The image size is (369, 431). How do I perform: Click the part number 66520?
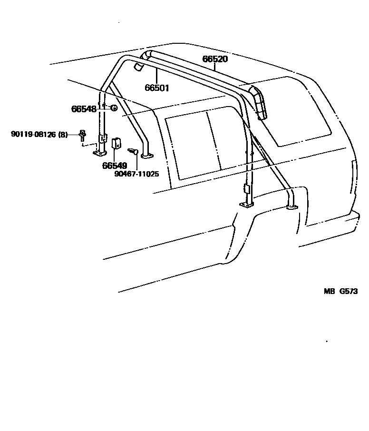pos(215,59)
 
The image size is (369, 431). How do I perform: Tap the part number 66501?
pos(157,88)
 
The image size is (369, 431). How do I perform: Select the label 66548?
pos(84,109)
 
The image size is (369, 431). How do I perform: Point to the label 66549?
pos(115,166)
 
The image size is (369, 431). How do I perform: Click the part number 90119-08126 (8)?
pos(39,135)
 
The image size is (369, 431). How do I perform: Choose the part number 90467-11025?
pos(136,174)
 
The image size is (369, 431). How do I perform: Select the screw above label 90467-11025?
pos(133,151)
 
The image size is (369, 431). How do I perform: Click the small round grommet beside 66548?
pos(114,108)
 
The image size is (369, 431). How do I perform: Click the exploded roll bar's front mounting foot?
pos(100,154)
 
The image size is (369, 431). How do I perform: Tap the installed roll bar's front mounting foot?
pos(246,205)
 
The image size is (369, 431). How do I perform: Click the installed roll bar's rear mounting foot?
pos(291,206)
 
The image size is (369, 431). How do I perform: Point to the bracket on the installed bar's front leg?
pos(246,188)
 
